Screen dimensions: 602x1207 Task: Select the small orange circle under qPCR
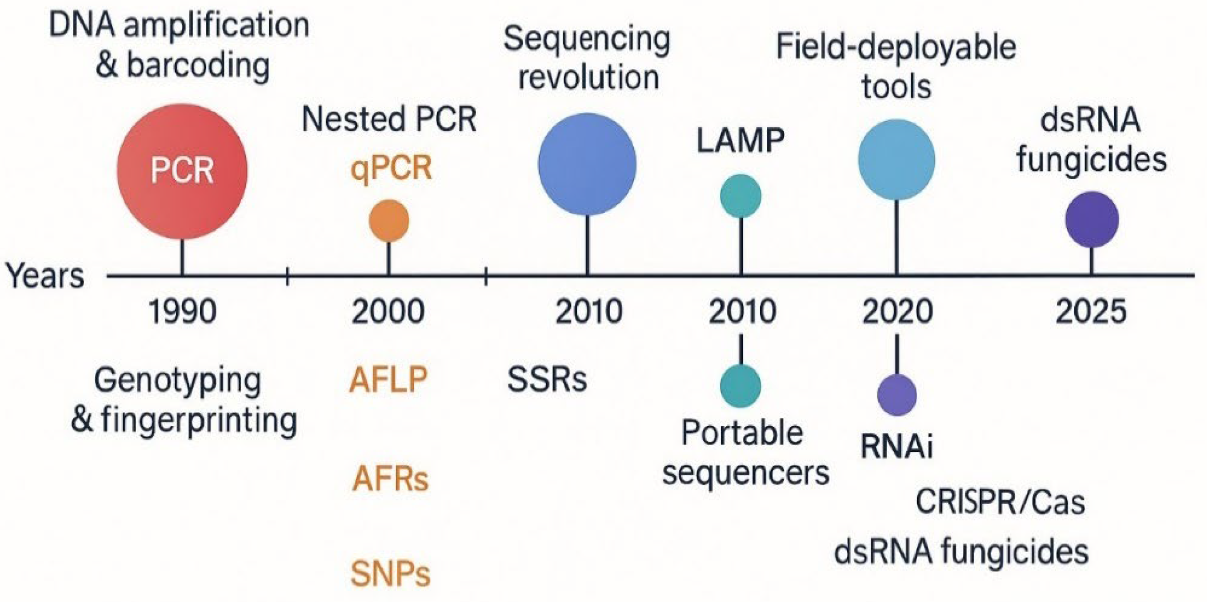(389, 221)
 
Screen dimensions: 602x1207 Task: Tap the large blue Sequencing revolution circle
(587, 164)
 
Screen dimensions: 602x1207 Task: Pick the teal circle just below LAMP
(740, 196)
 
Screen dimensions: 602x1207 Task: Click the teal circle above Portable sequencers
(740, 386)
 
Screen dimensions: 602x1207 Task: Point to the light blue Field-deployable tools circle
(896, 160)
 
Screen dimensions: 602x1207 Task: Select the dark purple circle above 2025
(1091, 220)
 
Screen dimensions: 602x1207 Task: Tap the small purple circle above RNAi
(896, 394)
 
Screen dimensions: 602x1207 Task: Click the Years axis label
(45, 276)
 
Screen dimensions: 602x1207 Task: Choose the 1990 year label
(182, 312)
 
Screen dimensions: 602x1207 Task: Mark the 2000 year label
(388, 312)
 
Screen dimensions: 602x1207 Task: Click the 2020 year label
(897, 312)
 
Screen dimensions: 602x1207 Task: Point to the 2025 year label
(1091, 312)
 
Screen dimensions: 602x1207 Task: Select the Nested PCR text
(389, 119)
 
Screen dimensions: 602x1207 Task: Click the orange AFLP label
(388, 380)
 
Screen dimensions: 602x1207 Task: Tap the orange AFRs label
(390, 479)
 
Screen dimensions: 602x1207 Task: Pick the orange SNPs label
(390, 574)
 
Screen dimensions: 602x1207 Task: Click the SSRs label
(547, 380)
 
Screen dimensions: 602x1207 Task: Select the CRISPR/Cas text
(1000, 502)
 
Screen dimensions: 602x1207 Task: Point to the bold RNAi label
(896, 446)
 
